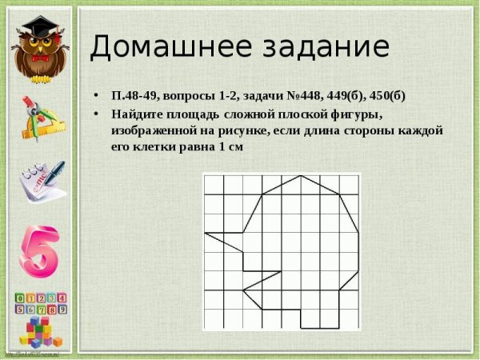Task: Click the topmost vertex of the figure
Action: click(301, 175)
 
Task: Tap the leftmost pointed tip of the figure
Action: click(206, 234)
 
